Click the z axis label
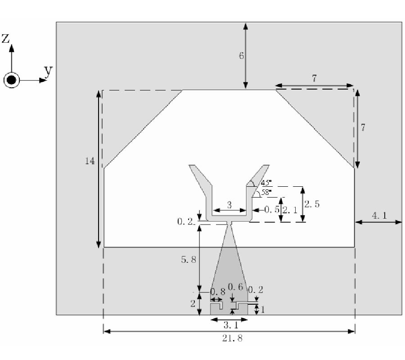pyautogui.click(x=5, y=38)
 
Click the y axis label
pyautogui.click(x=48, y=71)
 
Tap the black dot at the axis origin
pyautogui.click(x=11, y=80)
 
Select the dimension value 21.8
pyautogui.click(x=232, y=338)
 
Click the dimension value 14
pyautogui.click(x=90, y=161)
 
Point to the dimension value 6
pyautogui.click(x=241, y=55)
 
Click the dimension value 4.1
pyautogui.click(x=379, y=216)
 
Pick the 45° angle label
pyautogui.click(x=266, y=183)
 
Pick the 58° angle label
pyautogui.click(x=266, y=193)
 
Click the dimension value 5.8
pyautogui.click(x=189, y=260)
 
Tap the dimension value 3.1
pyautogui.click(x=231, y=325)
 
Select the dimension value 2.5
pyautogui.click(x=312, y=204)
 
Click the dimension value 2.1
pyautogui.click(x=290, y=210)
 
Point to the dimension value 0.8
pyautogui.click(x=218, y=292)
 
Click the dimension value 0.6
pyautogui.click(x=235, y=287)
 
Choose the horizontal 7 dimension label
pyautogui.click(x=314, y=78)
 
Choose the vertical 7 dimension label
pyautogui.click(x=363, y=127)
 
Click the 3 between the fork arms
pyautogui.click(x=229, y=205)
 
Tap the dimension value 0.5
pyautogui.click(x=272, y=209)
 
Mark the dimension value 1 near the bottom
pyautogui.click(x=263, y=310)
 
